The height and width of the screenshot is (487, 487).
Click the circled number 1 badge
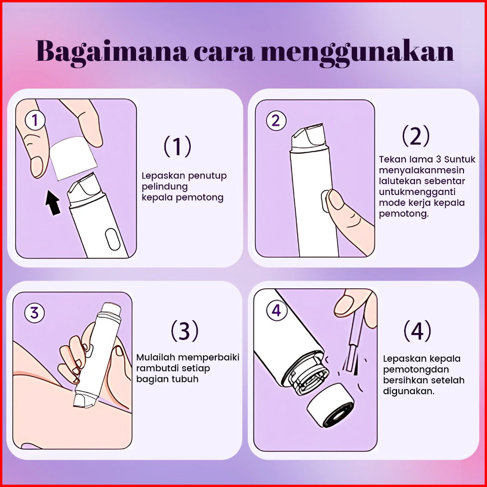(x=35, y=121)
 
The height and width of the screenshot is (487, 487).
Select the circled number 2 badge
(x=276, y=121)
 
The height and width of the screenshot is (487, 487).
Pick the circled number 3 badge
(x=34, y=312)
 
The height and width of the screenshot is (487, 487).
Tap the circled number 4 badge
(x=276, y=310)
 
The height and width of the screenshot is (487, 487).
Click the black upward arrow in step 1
(x=53, y=203)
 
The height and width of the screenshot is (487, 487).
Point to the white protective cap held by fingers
(x=73, y=158)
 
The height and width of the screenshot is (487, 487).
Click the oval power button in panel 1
(x=113, y=239)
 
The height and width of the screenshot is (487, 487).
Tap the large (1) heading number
(x=178, y=146)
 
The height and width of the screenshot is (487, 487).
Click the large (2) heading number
(x=416, y=136)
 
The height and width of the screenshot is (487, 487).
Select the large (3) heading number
(x=185, y=331)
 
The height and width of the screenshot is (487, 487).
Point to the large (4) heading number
(x=417, y=331)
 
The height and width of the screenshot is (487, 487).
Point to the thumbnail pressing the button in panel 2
(x=334, y=199)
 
